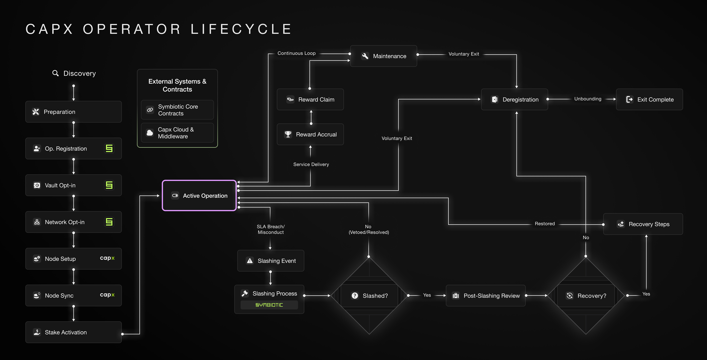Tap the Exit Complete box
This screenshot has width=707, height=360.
tap(649, 99)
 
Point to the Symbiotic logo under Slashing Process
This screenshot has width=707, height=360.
tap(269, 305)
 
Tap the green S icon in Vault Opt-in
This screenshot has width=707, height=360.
tap(109, 185)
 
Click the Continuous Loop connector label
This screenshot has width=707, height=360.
tap(296, 53)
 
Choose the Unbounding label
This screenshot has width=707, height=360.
tap(588, 99)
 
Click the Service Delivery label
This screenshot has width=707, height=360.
tap(311, 164)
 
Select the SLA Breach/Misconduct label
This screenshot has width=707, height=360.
tap(271, 229)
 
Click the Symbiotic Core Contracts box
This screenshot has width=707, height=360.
tap(177, 110)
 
